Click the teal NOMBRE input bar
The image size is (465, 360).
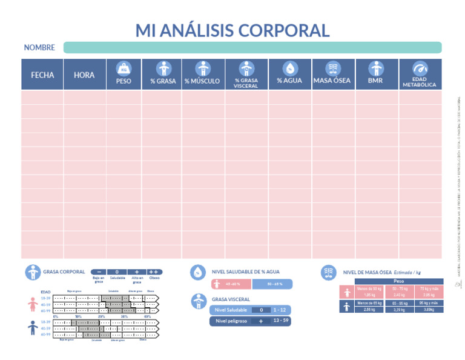252,47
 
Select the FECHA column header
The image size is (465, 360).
42,75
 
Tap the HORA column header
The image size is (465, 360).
84,75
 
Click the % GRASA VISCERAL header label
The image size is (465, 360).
246,83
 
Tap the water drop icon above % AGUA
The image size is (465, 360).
290,68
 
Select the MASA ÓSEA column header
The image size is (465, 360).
332,81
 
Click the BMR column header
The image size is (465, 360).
375,81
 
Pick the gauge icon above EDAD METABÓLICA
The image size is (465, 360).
419,68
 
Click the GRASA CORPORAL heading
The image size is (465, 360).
64,272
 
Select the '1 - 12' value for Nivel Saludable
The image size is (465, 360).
280,310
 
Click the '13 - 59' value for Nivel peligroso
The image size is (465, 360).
280,321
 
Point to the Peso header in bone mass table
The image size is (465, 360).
399,281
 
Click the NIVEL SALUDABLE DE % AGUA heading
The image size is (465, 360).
245,272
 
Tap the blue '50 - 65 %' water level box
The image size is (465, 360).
271,284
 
